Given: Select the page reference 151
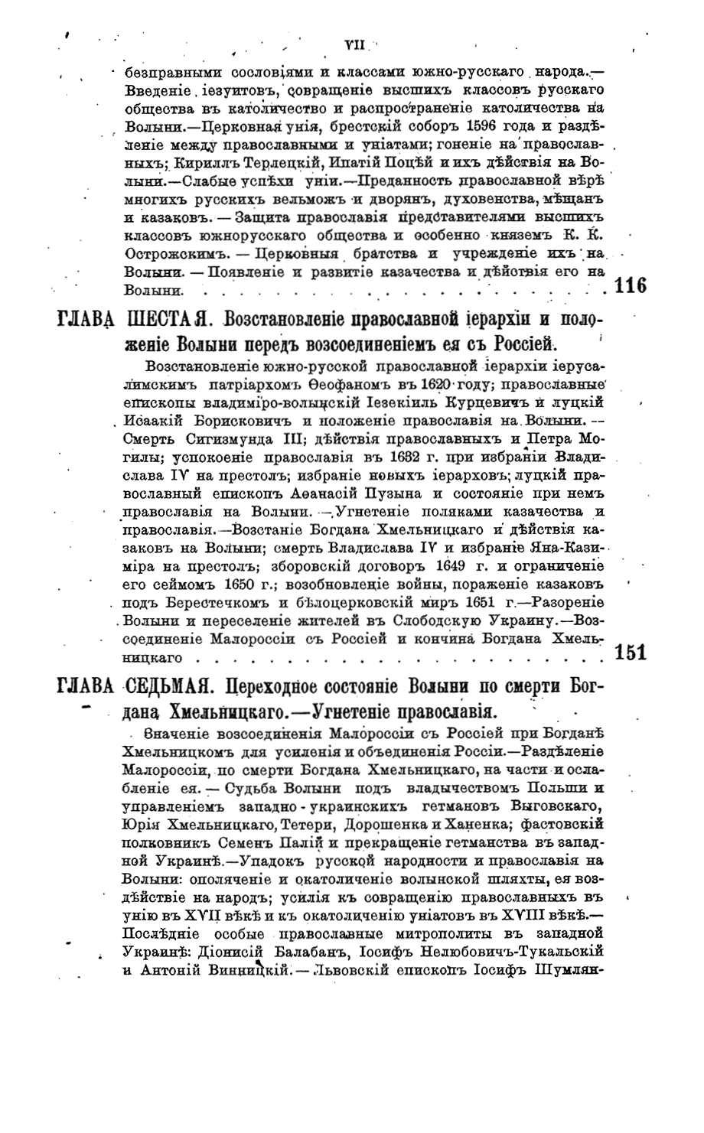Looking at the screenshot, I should [x=631, y=653].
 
